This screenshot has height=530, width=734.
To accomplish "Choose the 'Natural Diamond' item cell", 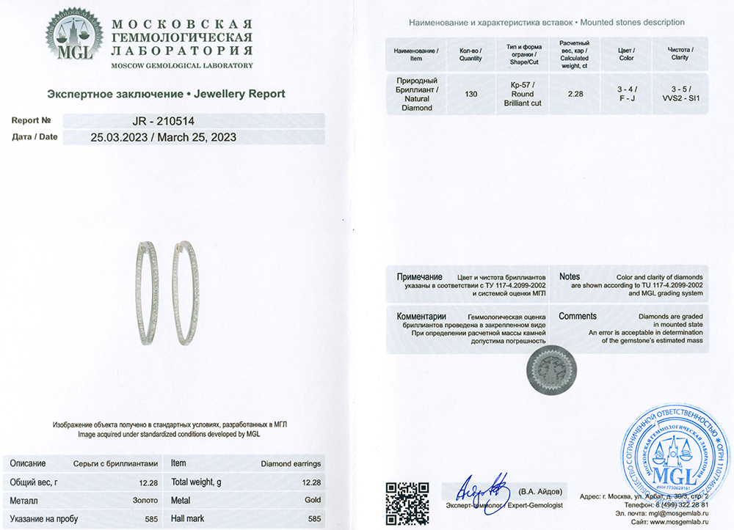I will (x=416, y=98).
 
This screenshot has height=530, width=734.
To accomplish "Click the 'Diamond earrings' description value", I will (x=291, y=464).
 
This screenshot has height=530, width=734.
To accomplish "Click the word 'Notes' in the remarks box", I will (x=570, y=276).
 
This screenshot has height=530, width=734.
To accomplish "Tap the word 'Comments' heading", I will (x=578, y=316).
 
